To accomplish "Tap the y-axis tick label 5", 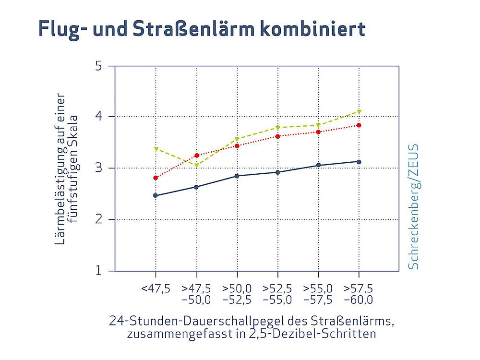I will tap(98, 65).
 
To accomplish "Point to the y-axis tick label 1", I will tap(98, 271).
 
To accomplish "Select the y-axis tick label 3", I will tap(98, 168).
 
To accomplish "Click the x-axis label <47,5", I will tap(156, 289).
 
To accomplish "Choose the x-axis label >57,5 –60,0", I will tap(359, 294).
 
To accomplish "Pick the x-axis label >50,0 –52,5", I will tap(237, 294).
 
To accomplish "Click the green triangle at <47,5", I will tap(156, 149).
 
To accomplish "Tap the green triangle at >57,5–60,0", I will tap(359, 112).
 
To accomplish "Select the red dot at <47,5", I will tap(156, 178).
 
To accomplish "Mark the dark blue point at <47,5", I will tap(156, 195).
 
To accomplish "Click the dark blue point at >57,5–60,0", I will tap(359, 162).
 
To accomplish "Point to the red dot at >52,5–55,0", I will tap(277, 136).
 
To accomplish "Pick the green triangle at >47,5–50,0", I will tap(196, 166).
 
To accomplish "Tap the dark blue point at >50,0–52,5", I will tap(237, 176).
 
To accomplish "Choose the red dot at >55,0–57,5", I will tap(318, 132).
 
